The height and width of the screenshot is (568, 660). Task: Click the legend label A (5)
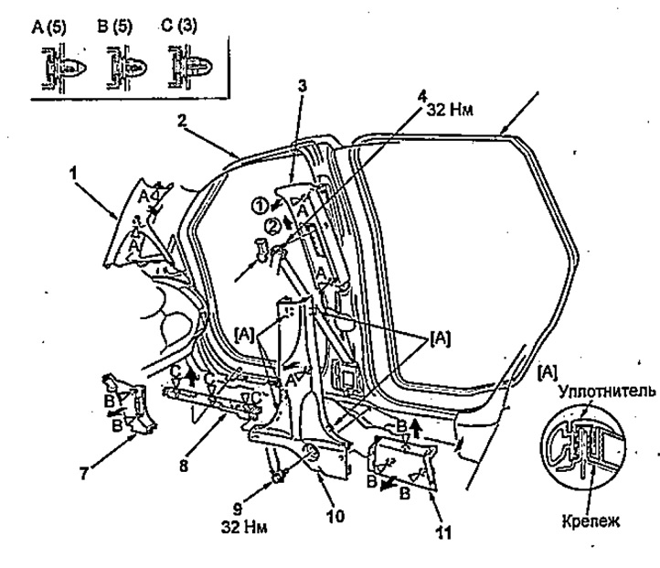[48, 27]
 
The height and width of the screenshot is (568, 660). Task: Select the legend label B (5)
[114, 27]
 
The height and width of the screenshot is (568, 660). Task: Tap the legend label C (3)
[179, 26]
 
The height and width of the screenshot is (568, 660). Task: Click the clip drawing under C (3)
[190, 68]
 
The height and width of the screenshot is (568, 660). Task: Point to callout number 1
[74, 173]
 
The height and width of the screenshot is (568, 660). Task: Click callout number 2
[181, 121]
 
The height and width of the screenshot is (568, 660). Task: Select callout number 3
[303, 86]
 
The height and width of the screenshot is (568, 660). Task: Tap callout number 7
[84, 474]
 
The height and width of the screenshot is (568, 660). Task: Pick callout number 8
[184, 466]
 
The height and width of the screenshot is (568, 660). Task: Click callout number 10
[335, 516]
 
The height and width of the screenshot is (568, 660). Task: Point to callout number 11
[442, 532]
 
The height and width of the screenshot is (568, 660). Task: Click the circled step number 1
[261, 207]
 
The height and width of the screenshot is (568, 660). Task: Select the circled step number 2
[272, 228]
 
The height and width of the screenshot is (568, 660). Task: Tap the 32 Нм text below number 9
[244, 527]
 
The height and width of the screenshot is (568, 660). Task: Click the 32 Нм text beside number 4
[450, 110]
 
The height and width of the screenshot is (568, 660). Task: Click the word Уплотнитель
[607, 391]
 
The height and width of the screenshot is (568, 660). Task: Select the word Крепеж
[591, 521]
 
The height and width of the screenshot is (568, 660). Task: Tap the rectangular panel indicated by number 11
[403, 462]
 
